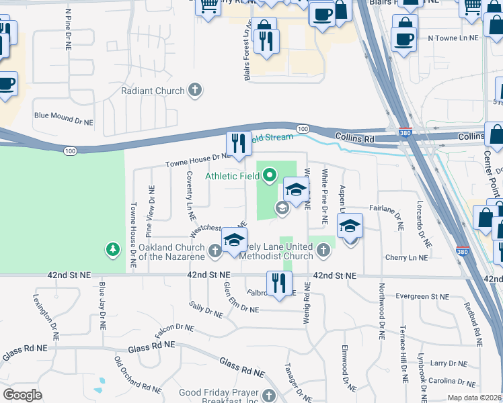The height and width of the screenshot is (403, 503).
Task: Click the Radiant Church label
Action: (x=152, y=91)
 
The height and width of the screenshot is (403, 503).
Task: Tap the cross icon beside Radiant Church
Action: (x=195, y=90)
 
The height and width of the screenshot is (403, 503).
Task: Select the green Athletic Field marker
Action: (x=270, y=176)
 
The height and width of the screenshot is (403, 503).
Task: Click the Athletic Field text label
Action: (x=233, y=177)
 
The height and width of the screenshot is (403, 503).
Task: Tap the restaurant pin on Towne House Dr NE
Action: (x=237, y=143)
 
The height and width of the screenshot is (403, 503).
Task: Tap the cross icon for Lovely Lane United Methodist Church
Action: (x=323, y=251)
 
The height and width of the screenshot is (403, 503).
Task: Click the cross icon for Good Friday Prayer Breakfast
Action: (x=269, y=396)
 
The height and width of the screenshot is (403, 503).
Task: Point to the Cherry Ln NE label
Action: (x=406, y=257)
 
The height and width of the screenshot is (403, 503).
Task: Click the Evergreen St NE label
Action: (x=422, y=296)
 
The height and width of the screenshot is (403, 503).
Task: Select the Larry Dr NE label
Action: (x=448, y=363)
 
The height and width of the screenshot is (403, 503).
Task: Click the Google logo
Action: (x=22, y=395)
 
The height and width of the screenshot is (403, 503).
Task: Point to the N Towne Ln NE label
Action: (x=453, y=38)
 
